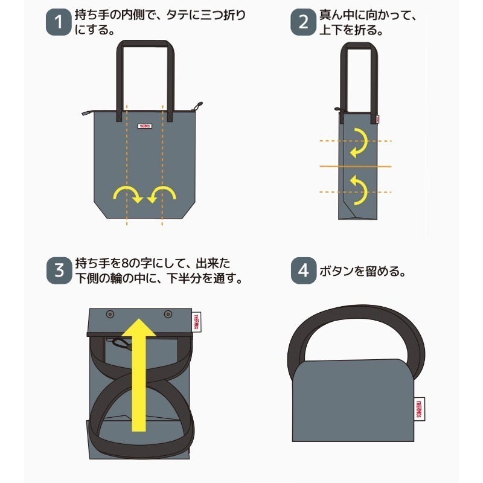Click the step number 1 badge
tap(59, 24)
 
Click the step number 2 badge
tap(303, 24)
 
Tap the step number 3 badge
tap(59, 270)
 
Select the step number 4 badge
tap(303, 270)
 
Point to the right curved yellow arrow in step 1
tap(161, 194)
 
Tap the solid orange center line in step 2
tap(356, 165)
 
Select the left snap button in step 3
tap(110, 315)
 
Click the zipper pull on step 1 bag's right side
tap(196, 109)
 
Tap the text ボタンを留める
tap(360, 271)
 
